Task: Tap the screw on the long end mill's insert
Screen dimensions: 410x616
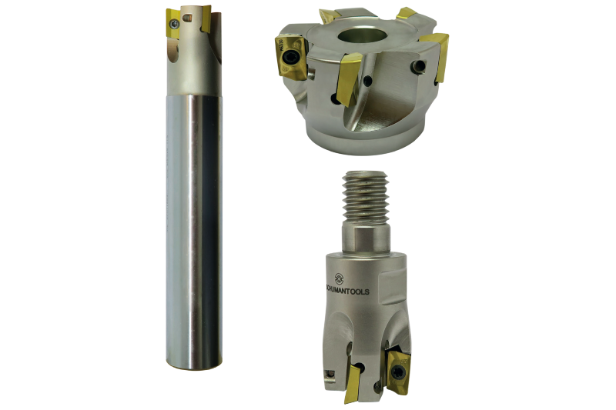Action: (x=176, y=25)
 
